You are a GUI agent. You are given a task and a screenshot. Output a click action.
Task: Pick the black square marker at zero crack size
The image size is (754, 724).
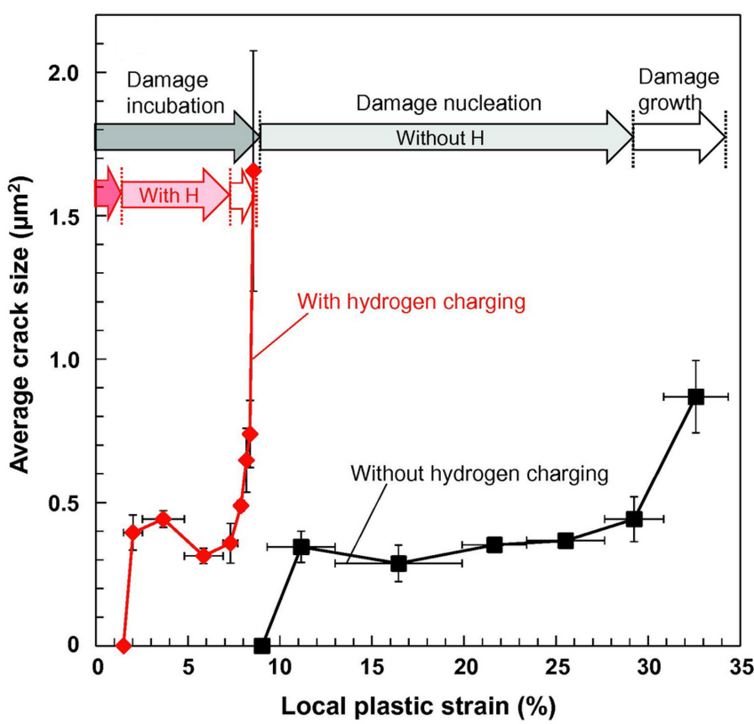point(261,645)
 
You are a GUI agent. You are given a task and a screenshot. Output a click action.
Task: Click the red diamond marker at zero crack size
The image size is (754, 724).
point(124,645)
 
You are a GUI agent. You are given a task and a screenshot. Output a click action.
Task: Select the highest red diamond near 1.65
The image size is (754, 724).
point(253,170)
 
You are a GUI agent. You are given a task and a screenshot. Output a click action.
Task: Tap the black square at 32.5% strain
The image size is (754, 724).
point(695,396)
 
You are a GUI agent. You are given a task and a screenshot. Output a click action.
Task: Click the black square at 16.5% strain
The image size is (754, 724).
point(398,563)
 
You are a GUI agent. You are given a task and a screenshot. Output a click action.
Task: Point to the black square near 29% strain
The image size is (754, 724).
point(634,519)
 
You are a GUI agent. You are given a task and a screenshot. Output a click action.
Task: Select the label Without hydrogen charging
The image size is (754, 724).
point(479,473)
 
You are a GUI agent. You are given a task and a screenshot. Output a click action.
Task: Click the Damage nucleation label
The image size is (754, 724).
point(448,102)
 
